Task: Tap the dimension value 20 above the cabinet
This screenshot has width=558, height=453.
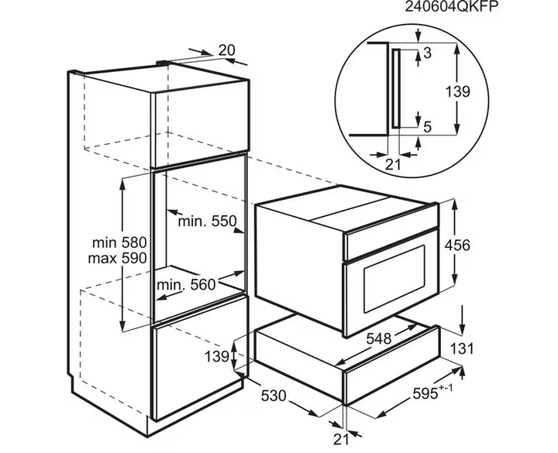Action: click(x=226, y=50)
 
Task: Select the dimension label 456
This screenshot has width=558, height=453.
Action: click(x=457, y=245)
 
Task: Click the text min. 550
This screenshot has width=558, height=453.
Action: click(x=207, y=221)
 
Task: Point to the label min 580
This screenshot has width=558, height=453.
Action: click(x=119, y=243)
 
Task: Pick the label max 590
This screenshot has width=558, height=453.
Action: click(x=118, y=258)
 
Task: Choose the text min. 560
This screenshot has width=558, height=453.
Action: click(x=187, y=284)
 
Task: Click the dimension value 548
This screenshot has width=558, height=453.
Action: click(x=379, y=338)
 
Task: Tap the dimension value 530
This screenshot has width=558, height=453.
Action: click(x=274, y=396)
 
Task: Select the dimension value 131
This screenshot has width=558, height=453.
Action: click(x=462, y=348)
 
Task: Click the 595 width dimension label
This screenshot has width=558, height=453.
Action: click(x=432, y=392)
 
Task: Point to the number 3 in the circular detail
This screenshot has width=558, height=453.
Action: click(x=427, y=53)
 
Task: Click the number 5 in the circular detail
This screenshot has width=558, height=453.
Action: click(x=427, y=126)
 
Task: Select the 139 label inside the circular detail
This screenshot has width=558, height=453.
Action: click(x=458, y=91)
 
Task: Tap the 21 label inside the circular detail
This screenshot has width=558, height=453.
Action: click(x=393, y=164)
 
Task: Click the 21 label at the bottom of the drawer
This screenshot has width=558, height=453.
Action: click(x=341, y=440)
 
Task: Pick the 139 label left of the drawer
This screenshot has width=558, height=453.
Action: click(x=217, y=356)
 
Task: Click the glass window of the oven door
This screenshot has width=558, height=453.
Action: click(x=394, y=279)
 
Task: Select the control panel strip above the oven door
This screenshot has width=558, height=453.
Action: click(x=391, y=243)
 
